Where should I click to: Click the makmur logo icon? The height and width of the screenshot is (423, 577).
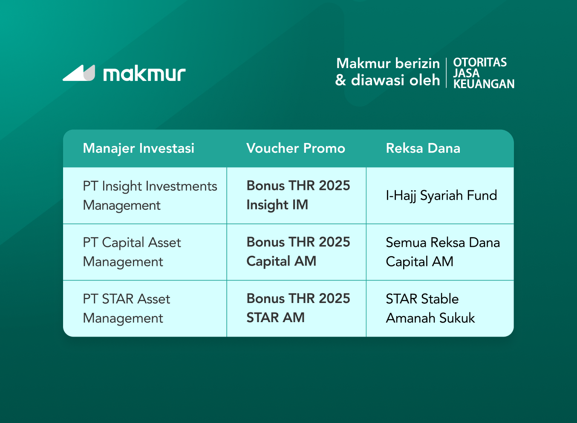(79, 73)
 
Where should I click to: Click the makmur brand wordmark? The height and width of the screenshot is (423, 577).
(144, 74)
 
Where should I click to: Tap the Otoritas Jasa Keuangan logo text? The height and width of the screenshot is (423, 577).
(483, 73)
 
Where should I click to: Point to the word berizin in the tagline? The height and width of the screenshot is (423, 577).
(417, 63)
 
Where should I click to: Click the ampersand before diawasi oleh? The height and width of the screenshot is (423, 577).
(340, 80)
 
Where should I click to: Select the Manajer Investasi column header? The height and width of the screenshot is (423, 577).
(138, 148)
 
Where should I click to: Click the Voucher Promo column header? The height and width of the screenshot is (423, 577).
(296, 148)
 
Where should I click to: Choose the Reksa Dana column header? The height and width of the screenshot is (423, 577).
(423, 148)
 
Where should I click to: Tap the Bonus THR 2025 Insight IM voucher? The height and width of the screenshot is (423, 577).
(298, 195)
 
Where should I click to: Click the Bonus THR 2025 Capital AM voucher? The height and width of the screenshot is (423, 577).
(298, 252)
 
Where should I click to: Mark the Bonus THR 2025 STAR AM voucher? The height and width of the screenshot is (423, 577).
(298, 308)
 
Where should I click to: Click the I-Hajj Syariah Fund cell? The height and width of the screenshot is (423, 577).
(441, 195)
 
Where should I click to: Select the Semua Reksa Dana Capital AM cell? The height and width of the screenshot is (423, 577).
(442, 252)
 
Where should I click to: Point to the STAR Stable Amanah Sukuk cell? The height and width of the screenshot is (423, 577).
(430, 309)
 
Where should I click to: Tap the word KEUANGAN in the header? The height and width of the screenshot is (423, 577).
(484, 84)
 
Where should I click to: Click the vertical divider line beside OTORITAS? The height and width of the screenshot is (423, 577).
(446, 73)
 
